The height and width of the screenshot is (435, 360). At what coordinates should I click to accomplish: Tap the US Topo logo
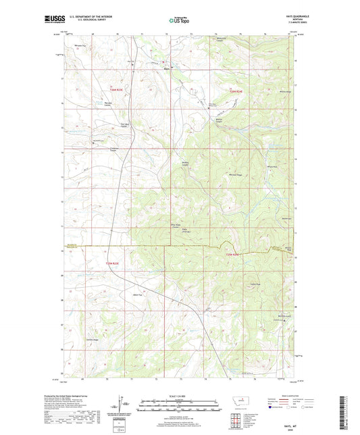(x=179, y=21)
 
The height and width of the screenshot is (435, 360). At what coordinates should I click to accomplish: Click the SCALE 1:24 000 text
(x=179, y=394)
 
